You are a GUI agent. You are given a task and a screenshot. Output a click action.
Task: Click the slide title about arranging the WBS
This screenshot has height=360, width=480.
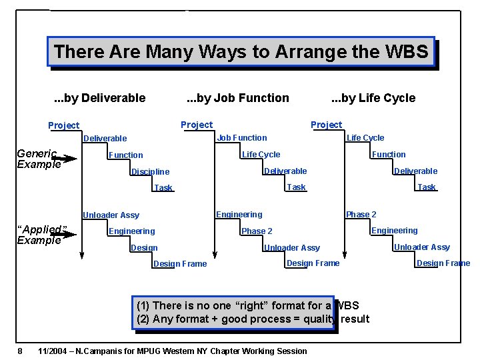point(241,51)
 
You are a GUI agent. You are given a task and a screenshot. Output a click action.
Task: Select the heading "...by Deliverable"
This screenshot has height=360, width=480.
point(99,98)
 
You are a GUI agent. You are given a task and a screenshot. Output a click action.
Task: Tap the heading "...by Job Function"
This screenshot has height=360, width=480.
point(237,98)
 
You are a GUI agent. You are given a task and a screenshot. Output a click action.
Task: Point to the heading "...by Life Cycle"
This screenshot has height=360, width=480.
point(373,98)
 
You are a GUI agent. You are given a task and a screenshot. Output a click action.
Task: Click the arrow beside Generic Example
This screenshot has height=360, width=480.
point(65,159)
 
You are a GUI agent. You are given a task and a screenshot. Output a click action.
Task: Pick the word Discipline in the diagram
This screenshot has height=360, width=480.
point(150,172)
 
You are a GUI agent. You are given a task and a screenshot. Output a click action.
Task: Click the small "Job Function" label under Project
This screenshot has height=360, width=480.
point(242,138)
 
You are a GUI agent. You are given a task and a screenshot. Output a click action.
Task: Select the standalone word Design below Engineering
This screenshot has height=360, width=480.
point(144,248)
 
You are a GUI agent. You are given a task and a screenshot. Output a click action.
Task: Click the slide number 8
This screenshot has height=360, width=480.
point(21,351)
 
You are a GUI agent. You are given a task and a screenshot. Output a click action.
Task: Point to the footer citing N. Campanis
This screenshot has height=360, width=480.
point(173,351)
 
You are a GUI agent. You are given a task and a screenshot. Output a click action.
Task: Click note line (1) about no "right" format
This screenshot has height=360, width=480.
point(247,305)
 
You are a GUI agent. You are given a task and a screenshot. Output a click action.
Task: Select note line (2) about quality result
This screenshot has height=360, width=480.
point(253,319)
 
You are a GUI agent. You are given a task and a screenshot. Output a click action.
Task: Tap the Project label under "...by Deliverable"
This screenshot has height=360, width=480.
point(63,125)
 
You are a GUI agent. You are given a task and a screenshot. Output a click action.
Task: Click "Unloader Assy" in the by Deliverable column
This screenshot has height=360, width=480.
point(111,215)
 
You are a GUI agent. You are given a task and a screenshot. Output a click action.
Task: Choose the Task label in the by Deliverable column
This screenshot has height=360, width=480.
point(163,188)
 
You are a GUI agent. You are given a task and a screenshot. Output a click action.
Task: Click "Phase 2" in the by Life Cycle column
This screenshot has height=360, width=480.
point(361,215)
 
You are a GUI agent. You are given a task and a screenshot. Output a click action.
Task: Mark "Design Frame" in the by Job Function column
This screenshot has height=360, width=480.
point(313,263)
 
